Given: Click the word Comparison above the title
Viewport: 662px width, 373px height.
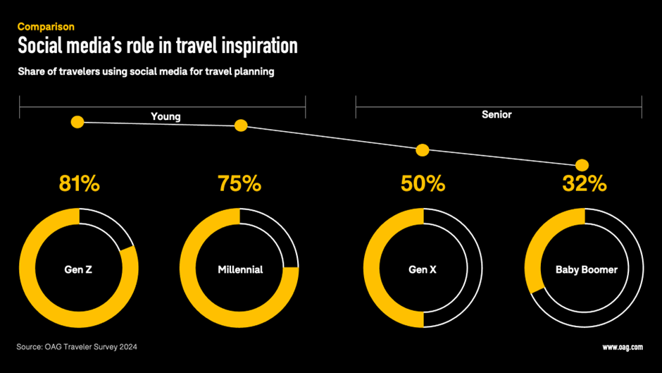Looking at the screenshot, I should pyautogui.click(x=46, y=27).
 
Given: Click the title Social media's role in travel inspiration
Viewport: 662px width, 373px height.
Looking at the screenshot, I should pyautogui.click(x=157, y=47).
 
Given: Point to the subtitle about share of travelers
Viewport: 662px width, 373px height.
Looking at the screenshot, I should pyautogui.click(x=145, y=72).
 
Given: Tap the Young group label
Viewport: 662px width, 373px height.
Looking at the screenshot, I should pyautogui.click(x=165, y=116).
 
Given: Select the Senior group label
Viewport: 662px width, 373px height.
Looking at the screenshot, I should pyautogui.click(x=496, y=114).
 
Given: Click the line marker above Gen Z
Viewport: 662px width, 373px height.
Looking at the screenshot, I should pyautogui.click(x=77, y=122).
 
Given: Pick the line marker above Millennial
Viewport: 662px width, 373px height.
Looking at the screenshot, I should pyautogui.click(x=241, y=126).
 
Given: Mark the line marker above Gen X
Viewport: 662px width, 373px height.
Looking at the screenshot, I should pyautogui.click(x=423, y=149).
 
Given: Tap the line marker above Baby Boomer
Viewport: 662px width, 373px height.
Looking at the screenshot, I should pyautogui.click(x=582, y=165).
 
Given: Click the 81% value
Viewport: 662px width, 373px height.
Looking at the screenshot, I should pyautogui.click(x=78, y=185).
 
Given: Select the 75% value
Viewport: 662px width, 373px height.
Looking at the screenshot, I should pyautogui.click(x=239, y=185).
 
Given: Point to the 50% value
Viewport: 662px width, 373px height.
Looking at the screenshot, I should pyautogui.click(x=423, y=185).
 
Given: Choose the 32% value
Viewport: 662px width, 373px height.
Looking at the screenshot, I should pyautogui.click(x=584, y=185).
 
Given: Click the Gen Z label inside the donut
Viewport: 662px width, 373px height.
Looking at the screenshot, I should pyautogui.click(x=78, y=269).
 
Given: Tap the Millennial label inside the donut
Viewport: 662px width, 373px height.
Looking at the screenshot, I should pyautogui.click(x=240, y=269).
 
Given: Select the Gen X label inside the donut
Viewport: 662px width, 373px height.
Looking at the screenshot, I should pyautogui.click(x=423, y=269).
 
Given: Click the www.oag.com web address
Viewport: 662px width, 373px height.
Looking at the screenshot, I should pyautogui.click(x=622, y=347).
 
